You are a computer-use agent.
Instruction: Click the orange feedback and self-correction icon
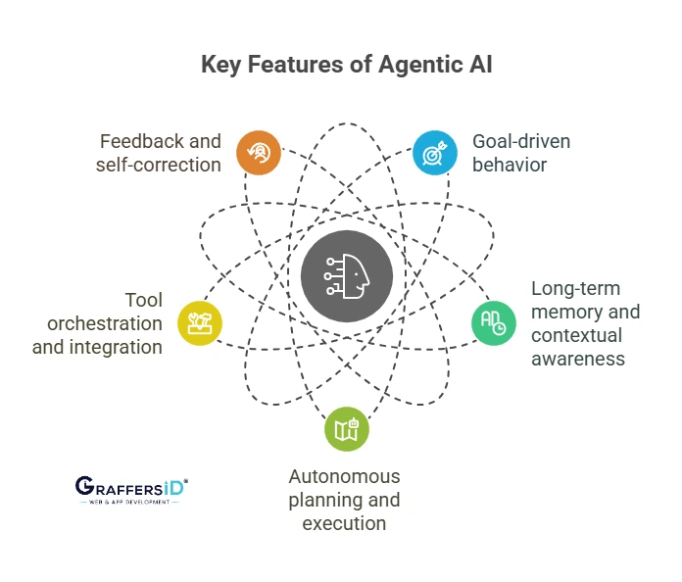pos(259,153)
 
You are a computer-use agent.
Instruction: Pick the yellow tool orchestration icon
pos(199,320)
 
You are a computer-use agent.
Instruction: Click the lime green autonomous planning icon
pos(346,429)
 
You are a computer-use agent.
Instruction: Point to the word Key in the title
pos(220,65)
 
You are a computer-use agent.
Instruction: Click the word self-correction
pos(159,165)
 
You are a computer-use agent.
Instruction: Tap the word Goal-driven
pos(521,141)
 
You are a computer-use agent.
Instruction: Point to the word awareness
pos(578,359)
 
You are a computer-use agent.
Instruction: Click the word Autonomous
pos(344,476)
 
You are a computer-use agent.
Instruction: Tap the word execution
pos(344,523)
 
